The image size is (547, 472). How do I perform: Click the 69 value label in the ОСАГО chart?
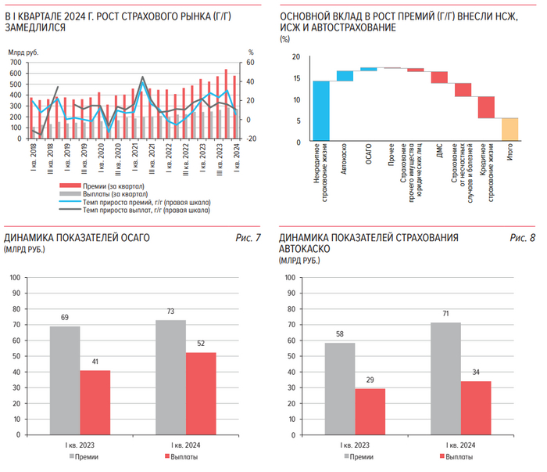(x=65, y=317)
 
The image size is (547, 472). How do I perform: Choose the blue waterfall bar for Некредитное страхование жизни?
(x=321, y=111)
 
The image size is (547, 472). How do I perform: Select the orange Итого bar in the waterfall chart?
(x=509, y=130)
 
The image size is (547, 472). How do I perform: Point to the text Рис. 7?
(x=248, y=237)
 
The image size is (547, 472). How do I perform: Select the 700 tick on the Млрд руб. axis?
(x=16, y=62)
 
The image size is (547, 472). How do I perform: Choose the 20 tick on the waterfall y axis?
(x=296, y=57)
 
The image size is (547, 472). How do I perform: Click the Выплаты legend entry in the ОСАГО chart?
(x=181, y=456)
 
